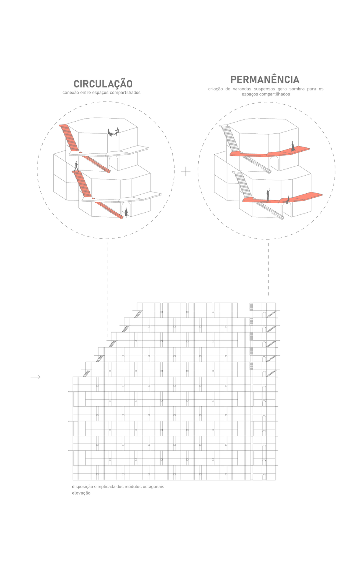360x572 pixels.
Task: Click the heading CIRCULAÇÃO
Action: click(103, 83)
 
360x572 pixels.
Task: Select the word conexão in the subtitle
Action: click(71, 93)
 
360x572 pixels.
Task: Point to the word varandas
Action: click(242, 89)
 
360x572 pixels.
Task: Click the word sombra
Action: click(297, 89)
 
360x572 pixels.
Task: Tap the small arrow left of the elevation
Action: click(36, 377)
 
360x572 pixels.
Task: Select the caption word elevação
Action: click(81, 493)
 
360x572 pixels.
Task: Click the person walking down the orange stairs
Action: click(76, 166)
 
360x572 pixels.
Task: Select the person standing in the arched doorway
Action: click(126, 212)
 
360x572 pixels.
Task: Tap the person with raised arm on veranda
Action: click(268, 195)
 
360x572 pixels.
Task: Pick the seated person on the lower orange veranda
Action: click(288, 200)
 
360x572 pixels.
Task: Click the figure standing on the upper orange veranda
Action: click(293, 146)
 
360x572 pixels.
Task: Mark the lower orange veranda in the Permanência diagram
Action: click(282, 198)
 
